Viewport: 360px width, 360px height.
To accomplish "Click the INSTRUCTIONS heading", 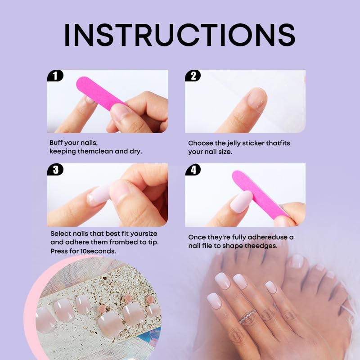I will coord(180,34).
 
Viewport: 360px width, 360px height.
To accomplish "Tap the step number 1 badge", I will coord(55,76).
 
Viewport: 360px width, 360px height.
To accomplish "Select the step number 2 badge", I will coord(193,76).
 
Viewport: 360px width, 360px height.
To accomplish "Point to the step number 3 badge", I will coord(55,170).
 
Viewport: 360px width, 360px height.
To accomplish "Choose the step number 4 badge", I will coord(193,170).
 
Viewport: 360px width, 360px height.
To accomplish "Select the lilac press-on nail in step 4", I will coord(242,201).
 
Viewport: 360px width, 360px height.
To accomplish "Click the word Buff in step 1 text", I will coord(56,143).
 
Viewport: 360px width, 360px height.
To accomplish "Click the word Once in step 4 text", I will coord(197,237).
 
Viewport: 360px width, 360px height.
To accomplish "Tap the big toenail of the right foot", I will coord(297,261).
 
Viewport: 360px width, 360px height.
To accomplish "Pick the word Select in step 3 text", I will coord(60,234).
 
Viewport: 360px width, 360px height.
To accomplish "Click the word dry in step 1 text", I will coord(135,151).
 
